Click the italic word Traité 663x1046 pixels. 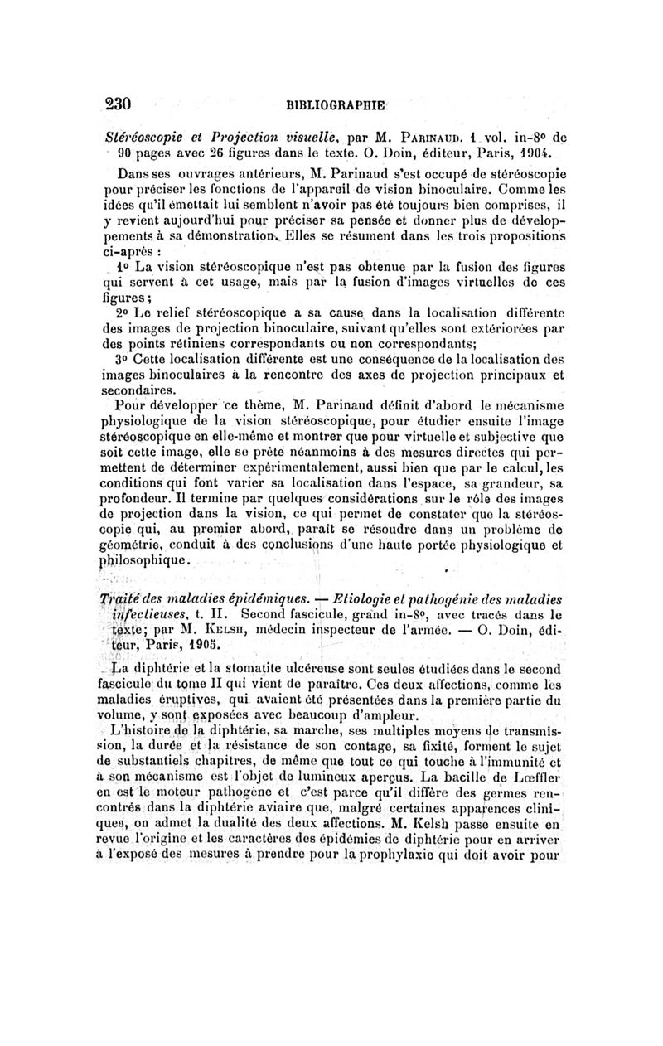(123, 600)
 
